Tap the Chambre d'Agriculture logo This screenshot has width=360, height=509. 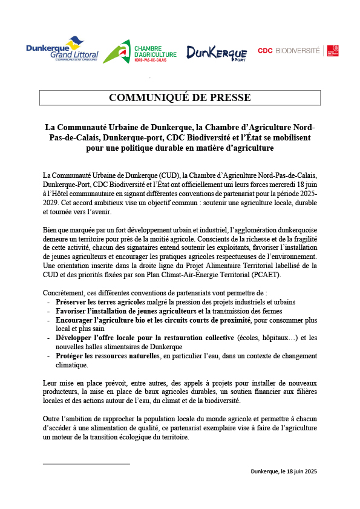140,51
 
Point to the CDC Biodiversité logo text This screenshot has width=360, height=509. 289,51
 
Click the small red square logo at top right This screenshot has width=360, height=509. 332,51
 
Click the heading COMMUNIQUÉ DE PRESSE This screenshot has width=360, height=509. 180,98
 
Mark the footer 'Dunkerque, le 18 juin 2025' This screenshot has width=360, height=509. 284,471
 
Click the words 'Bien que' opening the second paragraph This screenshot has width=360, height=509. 58,231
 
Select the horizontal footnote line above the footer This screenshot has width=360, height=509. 87,464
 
